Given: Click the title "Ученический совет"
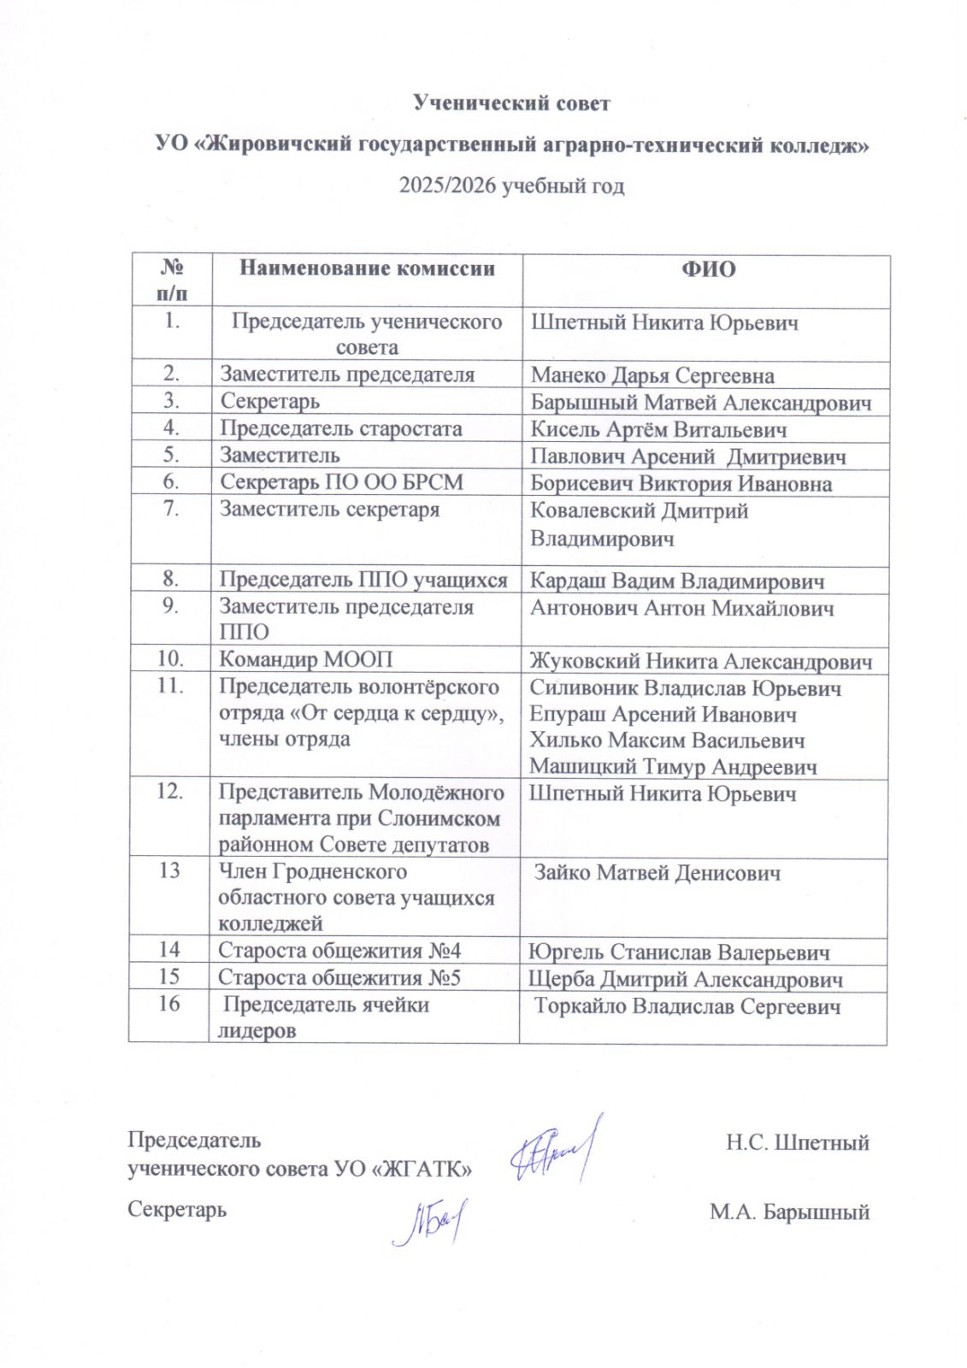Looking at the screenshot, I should (x=511, y=103).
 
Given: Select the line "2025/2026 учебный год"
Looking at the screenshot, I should (x=511, y=186).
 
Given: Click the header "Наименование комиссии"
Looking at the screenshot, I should (x=367, y=268).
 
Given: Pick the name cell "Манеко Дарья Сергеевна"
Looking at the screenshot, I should (x=652, y=375).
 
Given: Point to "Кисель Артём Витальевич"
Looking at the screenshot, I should (x=658, y=429).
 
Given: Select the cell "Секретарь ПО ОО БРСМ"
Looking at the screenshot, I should (x=341, y=482).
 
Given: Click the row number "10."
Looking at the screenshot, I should (x=171, y=659).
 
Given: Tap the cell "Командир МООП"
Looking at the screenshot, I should (x=306, y=659).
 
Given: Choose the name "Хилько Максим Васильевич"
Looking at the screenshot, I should (x=667, y=740).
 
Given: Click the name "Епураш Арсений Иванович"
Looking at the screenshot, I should (x=663, y=714).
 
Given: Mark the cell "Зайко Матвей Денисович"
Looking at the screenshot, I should (x=657, y=873).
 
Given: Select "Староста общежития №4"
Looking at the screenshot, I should (x=339, y=951).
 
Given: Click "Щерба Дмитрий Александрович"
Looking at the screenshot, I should (x=685, y=979).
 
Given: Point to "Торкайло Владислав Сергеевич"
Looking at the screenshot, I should (x=687, y=1006).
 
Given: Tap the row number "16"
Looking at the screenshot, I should (x=169, y=1004).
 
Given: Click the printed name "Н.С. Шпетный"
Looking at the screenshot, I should (x=797, y=1142).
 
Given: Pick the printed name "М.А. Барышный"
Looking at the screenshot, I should (x=789, y=1212).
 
